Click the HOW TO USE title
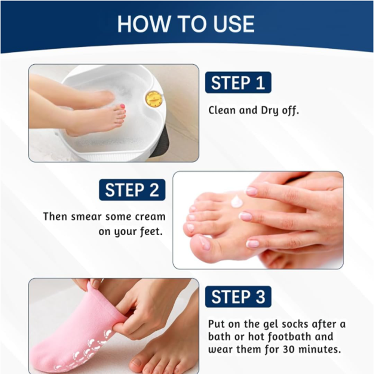click(x=186, y=24)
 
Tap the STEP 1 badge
click(x=238, y=83)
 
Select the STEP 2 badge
click(x=132, y=190)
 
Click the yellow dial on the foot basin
click(x=154, y=98)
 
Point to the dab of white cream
click(x=237, y=202)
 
